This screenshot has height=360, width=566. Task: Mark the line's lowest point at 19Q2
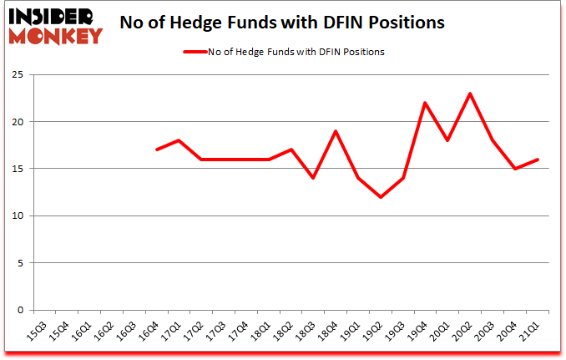pyautogui.click(x=382, y=197)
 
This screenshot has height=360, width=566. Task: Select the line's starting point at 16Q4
pyautogui.click(x=157, y=150)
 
